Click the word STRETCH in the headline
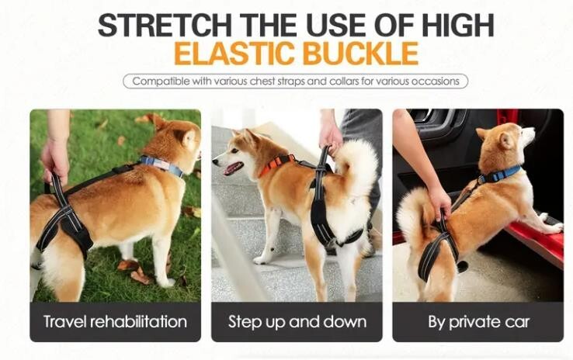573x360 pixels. coord(165,25)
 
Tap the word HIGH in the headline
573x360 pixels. coord(458,25)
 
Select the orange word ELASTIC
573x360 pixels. coord(234,53)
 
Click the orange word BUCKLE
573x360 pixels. coord(361,53)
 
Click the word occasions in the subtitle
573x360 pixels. coord(436,81)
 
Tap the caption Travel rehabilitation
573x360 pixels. coord(115,322)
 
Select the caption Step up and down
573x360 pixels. coord(297,322)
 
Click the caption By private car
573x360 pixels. coord(479,322)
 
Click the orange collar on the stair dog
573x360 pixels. coord(276,164)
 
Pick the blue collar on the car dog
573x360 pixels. coord(499,174)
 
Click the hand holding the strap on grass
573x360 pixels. coord(56,160)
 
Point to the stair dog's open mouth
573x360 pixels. coord(233,168)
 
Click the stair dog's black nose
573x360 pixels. coord(215,161)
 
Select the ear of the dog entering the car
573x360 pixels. coord(506,140)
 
